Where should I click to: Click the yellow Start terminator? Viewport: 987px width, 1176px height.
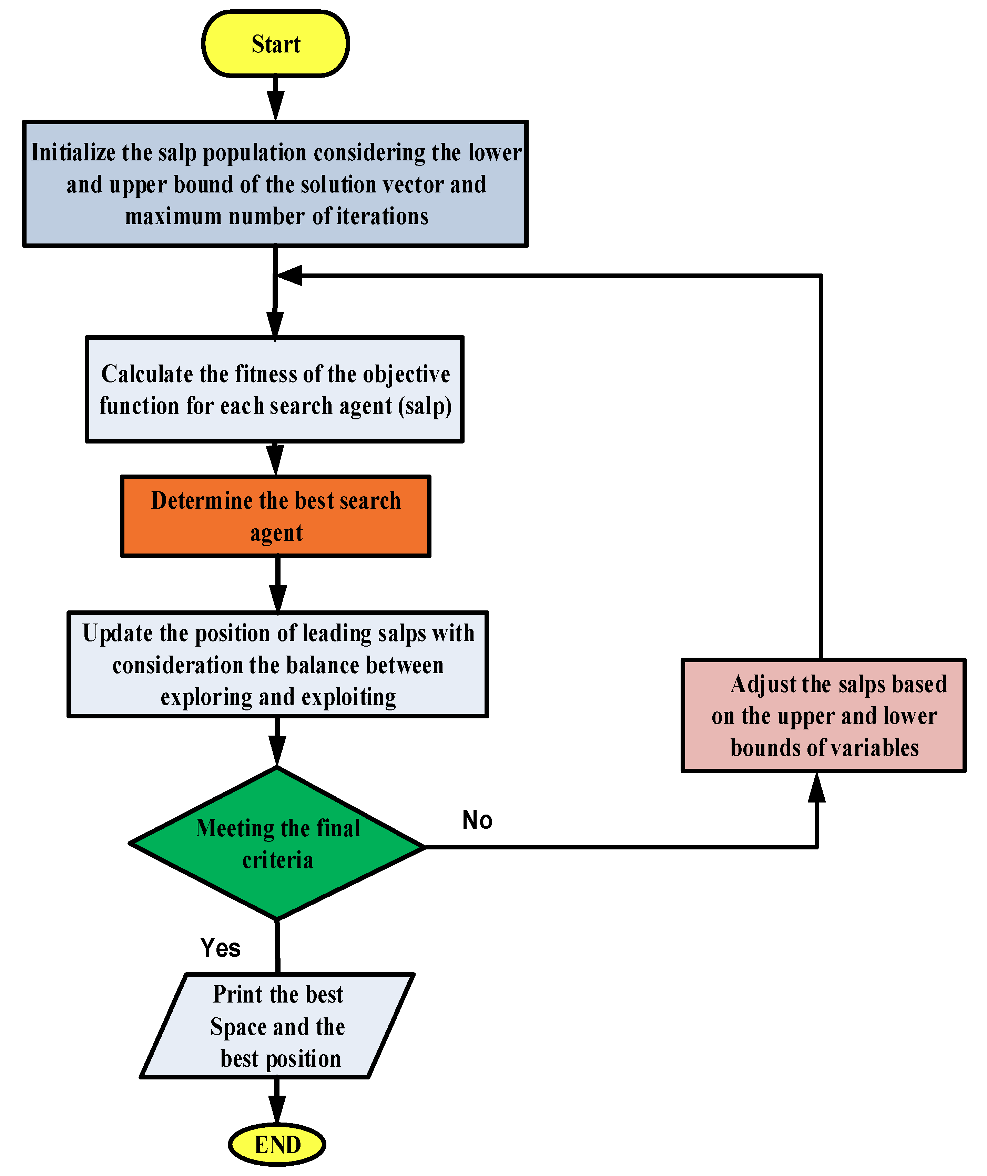point(275,44)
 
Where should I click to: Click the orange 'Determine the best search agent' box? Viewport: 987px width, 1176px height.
point(275,516)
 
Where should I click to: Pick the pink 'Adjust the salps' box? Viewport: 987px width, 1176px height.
point(824,715)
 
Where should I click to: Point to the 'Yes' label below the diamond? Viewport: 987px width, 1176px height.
point(220,948)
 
